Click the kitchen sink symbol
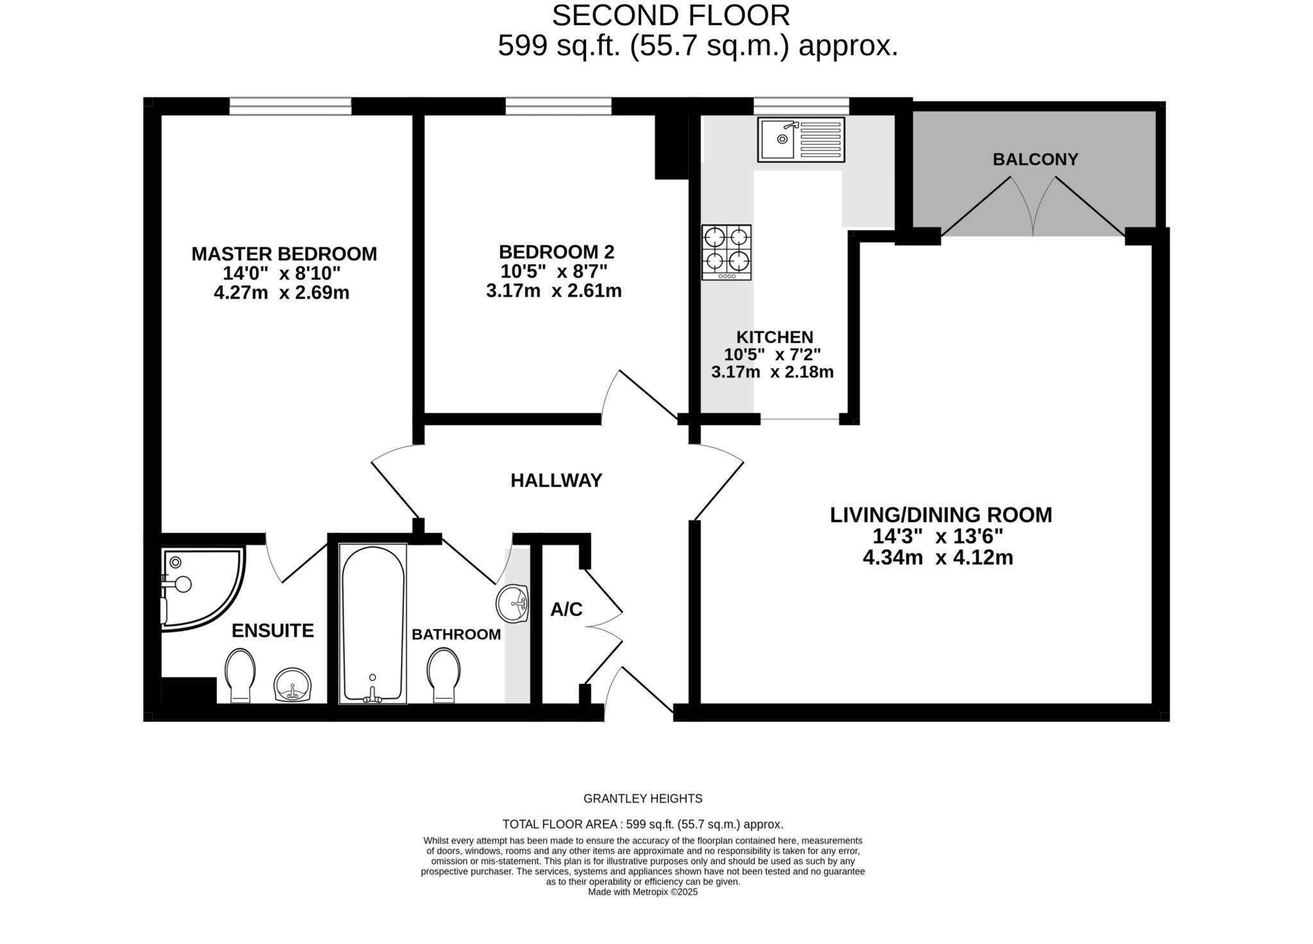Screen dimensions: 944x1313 click(801, 139)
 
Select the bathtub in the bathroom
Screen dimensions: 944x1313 click(372, 623)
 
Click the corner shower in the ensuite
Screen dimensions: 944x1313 click(199, 586)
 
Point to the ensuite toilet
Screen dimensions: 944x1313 click(240, 675)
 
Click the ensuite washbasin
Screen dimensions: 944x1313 click(293, 685)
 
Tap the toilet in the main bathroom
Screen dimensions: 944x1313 click(444, 675)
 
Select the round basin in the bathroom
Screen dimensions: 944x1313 click(512, 603)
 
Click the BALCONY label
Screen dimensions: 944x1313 click(1035, 159)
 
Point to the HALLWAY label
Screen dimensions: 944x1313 click(556, 480)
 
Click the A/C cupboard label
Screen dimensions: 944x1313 click(566, 610)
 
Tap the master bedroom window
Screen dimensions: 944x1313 click(290, 106)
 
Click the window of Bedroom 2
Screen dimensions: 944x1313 click(558, 106)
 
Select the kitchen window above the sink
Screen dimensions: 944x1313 click(801, 106)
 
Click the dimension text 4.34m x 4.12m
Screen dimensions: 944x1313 click(937, 557)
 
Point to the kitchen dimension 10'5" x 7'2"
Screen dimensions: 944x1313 click(772, 354)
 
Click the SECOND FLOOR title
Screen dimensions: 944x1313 click(671, 15)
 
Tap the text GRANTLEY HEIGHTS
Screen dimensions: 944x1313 click(642, 798)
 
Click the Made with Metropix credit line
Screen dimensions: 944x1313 click(642, 892)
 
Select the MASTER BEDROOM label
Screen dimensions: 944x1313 click(284, 254)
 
